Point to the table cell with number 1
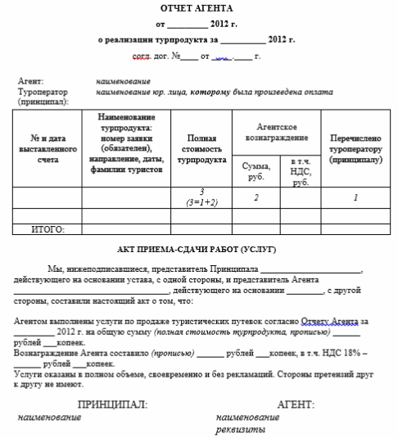355,197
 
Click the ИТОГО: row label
47,230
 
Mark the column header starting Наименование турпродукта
131,144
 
